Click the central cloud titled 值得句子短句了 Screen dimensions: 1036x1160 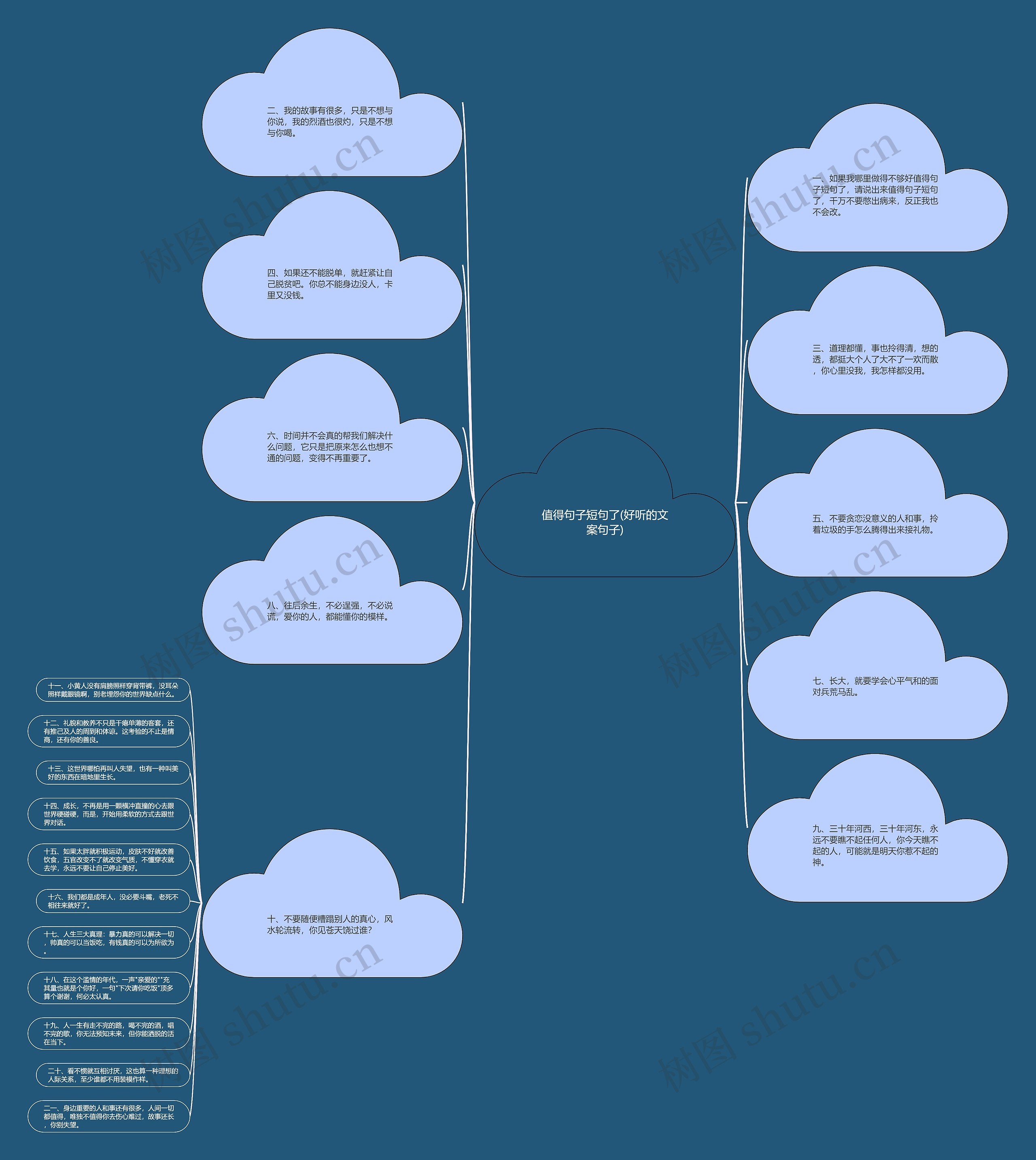[x=605, y=522]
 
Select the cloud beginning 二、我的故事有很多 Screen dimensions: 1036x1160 [x=332, y=122]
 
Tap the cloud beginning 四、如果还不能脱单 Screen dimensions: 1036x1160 [x=332, y=284]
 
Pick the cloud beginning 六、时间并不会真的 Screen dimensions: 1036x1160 [x=332, y=447]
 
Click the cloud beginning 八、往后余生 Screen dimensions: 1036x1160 [x=332, y=610]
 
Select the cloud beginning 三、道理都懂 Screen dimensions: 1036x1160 [x=877, y=360]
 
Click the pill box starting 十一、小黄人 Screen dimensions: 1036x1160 [x=113, y=690]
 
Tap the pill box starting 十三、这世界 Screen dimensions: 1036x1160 [x=113, y=773]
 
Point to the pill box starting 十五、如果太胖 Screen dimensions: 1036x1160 [x=109, y=859]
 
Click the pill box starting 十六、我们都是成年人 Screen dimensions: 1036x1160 [x=113, y=901]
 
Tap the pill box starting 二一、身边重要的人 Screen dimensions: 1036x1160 [x=109, y=1116]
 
